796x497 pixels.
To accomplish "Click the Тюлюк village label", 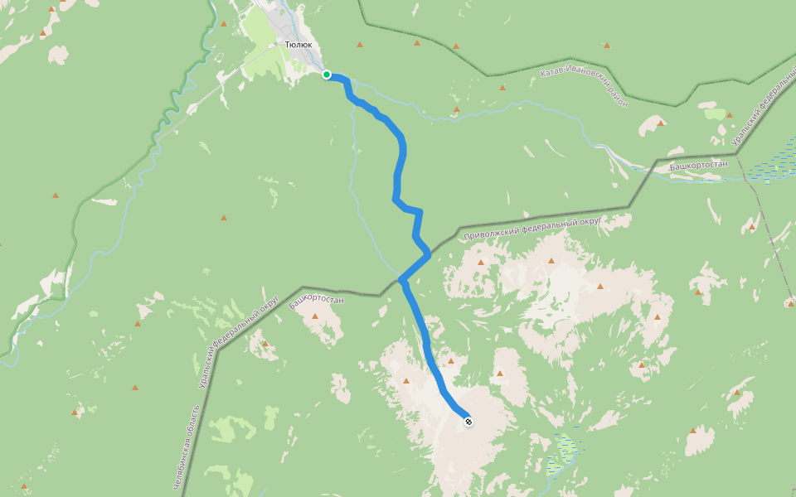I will click(x=298, y=45).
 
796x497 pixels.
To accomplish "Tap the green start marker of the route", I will click(x=327, y=75).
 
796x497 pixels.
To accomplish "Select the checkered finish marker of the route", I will click(x=468, y=422).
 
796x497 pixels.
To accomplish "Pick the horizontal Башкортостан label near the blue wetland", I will click(x=697, y=165).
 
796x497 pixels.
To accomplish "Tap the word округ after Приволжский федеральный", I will click(x=590, y=222).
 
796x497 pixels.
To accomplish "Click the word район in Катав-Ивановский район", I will click(x=615, y=97).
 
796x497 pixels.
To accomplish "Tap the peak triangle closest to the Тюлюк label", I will click(x=360, y=45).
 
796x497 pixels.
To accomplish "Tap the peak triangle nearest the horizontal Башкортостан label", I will click(x=661, y=123).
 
